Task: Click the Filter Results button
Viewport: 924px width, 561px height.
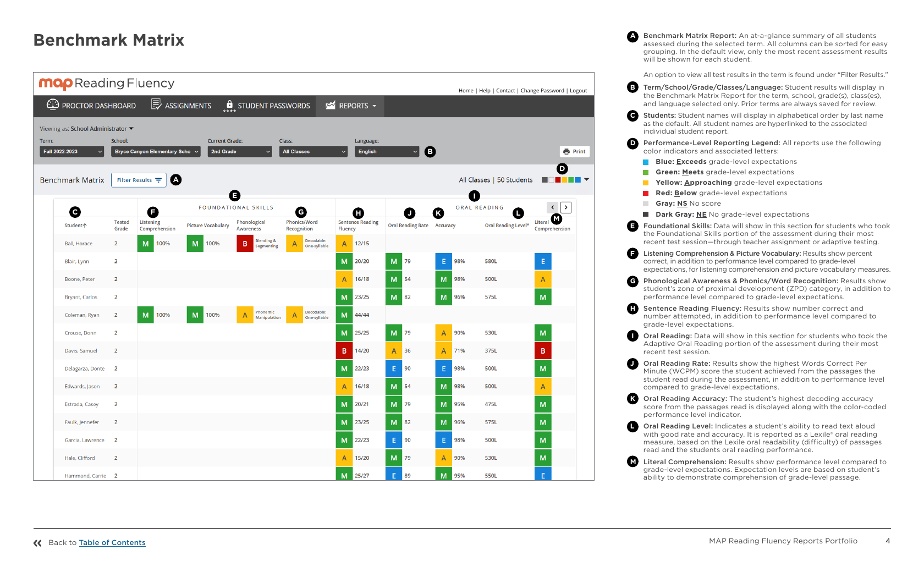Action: [x=139, y=180]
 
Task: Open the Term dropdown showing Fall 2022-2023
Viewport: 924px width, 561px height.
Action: [x=72, y=152]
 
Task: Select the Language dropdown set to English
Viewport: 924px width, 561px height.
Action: [x=387, y=152]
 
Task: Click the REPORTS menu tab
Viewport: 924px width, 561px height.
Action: [x=350, y=106]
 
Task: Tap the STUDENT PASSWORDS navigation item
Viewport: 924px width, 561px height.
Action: [x=267, y=106]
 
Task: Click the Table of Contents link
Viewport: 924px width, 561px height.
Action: [x=112, y=543]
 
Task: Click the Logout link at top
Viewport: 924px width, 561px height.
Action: [x=578, y=91]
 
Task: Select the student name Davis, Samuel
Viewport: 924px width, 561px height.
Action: [x=81, y=351]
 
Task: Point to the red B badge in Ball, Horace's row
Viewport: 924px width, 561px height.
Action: [x=245, y=244]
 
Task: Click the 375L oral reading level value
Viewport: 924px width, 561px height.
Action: [x=491, y=351]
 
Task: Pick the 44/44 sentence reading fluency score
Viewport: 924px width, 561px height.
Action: [x=362, y=315]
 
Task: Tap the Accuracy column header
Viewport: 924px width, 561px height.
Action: [x=446, y=226]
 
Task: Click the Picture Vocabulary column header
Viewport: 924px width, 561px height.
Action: [x=208, y=226]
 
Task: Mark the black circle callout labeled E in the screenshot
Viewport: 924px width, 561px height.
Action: [x=235, y=196]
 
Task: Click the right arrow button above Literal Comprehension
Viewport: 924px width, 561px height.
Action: [x=566, y=207]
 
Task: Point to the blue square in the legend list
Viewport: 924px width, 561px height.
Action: [x=646, y=162]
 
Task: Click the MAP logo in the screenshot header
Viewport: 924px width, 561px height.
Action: [x=56, y=84]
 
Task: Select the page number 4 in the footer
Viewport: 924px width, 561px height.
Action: [x=888, y=541]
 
